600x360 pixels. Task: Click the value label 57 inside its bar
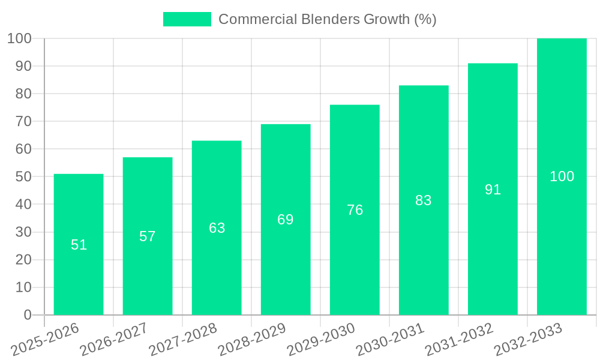(148, 236)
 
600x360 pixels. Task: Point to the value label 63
(217, 228)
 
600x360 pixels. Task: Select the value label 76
(355, 210)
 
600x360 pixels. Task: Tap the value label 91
(493, 190)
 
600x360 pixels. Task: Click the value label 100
(562, 176)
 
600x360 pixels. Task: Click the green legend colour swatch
(187, 19)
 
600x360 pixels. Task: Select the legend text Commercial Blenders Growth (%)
(327, 19)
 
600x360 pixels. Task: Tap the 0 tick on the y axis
(27, 315)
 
